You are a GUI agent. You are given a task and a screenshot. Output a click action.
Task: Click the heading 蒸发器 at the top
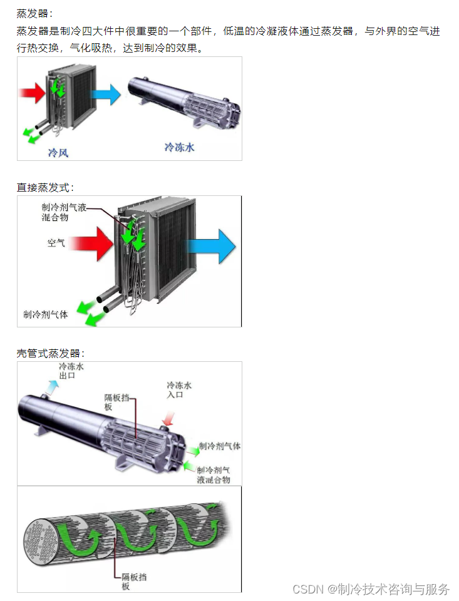tap(34, 13)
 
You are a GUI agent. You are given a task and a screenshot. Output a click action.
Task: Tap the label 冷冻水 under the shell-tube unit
tap(180, 147)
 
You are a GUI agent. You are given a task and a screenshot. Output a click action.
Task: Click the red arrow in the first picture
tap(32, 95)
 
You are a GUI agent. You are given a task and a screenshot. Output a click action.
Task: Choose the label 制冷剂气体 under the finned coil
tap(46, 315)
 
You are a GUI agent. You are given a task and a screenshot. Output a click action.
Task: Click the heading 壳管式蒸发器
tap(50, 354)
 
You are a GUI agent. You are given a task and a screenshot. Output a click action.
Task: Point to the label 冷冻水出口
tap(71, 371)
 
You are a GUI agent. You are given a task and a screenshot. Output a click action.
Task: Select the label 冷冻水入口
tap(179, 390)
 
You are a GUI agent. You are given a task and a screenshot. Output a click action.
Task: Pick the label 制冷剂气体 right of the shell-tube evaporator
tap(220, 446)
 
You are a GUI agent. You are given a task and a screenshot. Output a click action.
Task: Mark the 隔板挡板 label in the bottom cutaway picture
tap(134, 582)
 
